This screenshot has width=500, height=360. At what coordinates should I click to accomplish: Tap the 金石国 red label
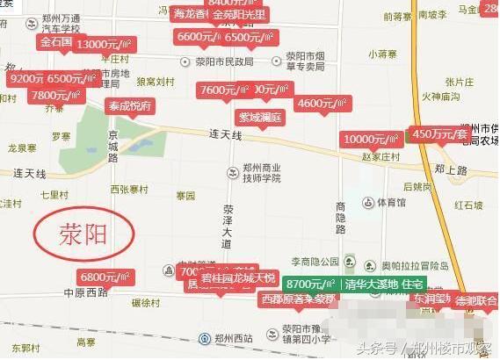coord(55,41)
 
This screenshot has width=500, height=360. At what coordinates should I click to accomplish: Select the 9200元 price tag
coord(24,78)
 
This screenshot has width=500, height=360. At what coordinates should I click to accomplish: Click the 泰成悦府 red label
coord(129,105)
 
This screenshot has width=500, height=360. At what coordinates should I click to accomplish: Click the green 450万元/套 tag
coord(438,134)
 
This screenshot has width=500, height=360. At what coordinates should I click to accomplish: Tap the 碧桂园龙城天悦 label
coord(238,277)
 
